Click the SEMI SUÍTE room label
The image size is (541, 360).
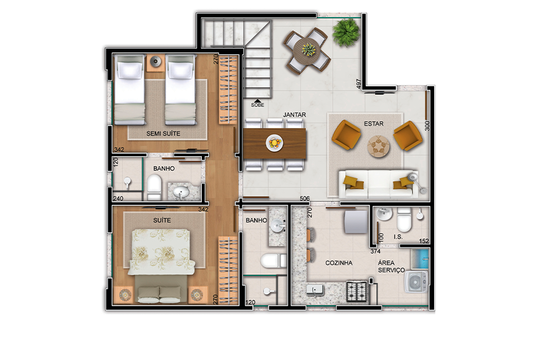coord(163,134)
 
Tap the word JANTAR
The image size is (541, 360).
coord(294,114)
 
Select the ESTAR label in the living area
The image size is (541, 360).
coord(374,123)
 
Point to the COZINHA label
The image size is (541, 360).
coord(339,263)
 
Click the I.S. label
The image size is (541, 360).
coord(398,237)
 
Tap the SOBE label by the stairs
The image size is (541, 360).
coord(257,105)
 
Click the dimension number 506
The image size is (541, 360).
coord(305,198)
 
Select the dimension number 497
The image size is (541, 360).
coord(359,84)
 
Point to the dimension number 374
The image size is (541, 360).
coord(376,251)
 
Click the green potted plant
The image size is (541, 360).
coord(346,32)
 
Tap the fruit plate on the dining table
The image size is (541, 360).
coord(275,142)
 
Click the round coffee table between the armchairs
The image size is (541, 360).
coord(379,147)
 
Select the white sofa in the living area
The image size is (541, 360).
coord(379,184)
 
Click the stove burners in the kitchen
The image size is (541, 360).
coord(356,292)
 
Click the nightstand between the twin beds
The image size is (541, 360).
coord(155,63)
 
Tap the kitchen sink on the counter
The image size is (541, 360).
coord(315,290)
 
